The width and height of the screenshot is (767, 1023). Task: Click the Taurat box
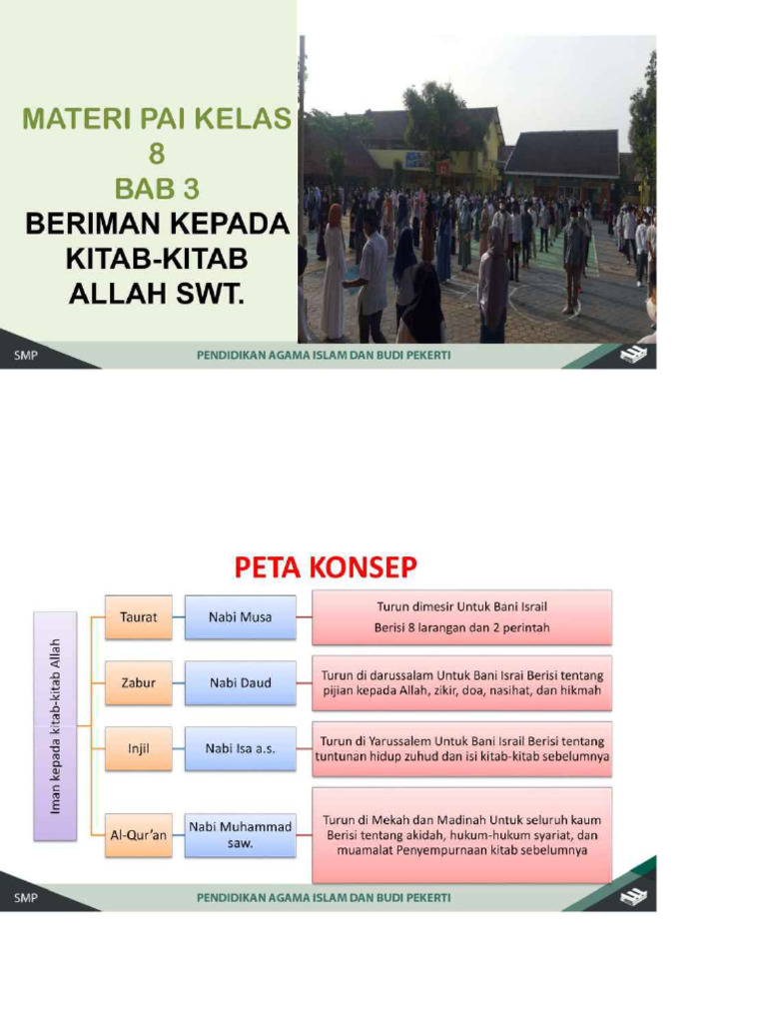tap(139, 616)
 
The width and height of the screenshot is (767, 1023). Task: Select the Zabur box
tap(139, 682)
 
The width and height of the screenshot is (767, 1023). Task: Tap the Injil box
tap(139, 748)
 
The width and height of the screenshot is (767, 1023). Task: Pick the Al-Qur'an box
tap(139, 835)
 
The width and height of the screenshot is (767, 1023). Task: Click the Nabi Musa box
tap(240, 616)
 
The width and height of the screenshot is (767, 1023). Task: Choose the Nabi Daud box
tap(240, 682)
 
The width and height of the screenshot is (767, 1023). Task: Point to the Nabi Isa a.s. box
tap(240, 748)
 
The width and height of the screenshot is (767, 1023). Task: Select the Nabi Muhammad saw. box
tap(240, 835)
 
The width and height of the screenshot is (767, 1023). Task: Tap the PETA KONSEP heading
tap(326, 567)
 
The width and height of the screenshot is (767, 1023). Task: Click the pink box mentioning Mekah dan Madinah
tap(461, 835)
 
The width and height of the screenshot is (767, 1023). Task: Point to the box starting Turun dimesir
tap(461, 616)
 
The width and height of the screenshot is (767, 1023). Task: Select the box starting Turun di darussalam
tap(461, 682)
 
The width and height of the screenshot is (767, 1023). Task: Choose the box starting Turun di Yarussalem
tap(461, 748)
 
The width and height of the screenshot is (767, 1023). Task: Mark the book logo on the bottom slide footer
tap(633, 896)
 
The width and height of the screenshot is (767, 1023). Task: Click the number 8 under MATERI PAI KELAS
tap(158, 153)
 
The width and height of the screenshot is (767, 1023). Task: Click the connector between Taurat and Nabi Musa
tap(178, 616)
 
